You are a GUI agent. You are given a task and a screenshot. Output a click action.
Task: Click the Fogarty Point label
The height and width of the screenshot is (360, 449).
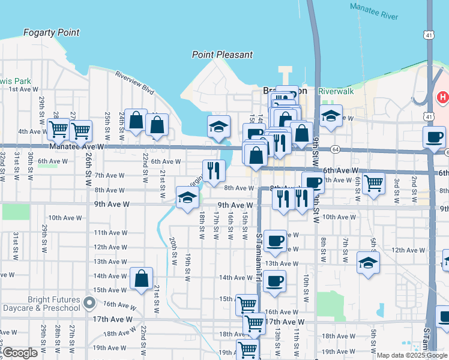(x=51, y=32)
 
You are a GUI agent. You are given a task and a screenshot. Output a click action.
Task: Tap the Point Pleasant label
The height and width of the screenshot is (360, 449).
(x=222, y=55)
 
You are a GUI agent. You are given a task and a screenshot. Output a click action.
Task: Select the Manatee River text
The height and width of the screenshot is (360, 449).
(x=373, y=11)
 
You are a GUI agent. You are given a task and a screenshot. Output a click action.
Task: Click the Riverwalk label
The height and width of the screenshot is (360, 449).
(x=336, y=91)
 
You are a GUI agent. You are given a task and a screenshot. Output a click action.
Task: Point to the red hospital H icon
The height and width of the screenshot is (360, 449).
(x=443, y=97)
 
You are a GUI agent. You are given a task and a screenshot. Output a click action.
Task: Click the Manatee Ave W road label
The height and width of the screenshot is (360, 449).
(x=77, y=146)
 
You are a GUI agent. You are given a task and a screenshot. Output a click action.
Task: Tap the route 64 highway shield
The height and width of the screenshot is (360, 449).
(x=334, y=149)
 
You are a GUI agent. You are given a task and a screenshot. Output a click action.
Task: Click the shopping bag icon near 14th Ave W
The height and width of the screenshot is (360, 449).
(x=140, y=278)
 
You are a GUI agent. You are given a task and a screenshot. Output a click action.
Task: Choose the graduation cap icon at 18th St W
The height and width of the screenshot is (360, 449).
(x=187, y=197)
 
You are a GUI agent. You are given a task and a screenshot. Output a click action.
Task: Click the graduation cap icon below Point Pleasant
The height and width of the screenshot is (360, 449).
(x=218, y=126)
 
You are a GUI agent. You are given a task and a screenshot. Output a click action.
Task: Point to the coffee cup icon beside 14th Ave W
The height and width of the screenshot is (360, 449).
(x=274, y=281)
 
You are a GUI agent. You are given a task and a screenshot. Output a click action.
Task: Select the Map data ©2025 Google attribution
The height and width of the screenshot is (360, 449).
(x=412, y=355)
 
